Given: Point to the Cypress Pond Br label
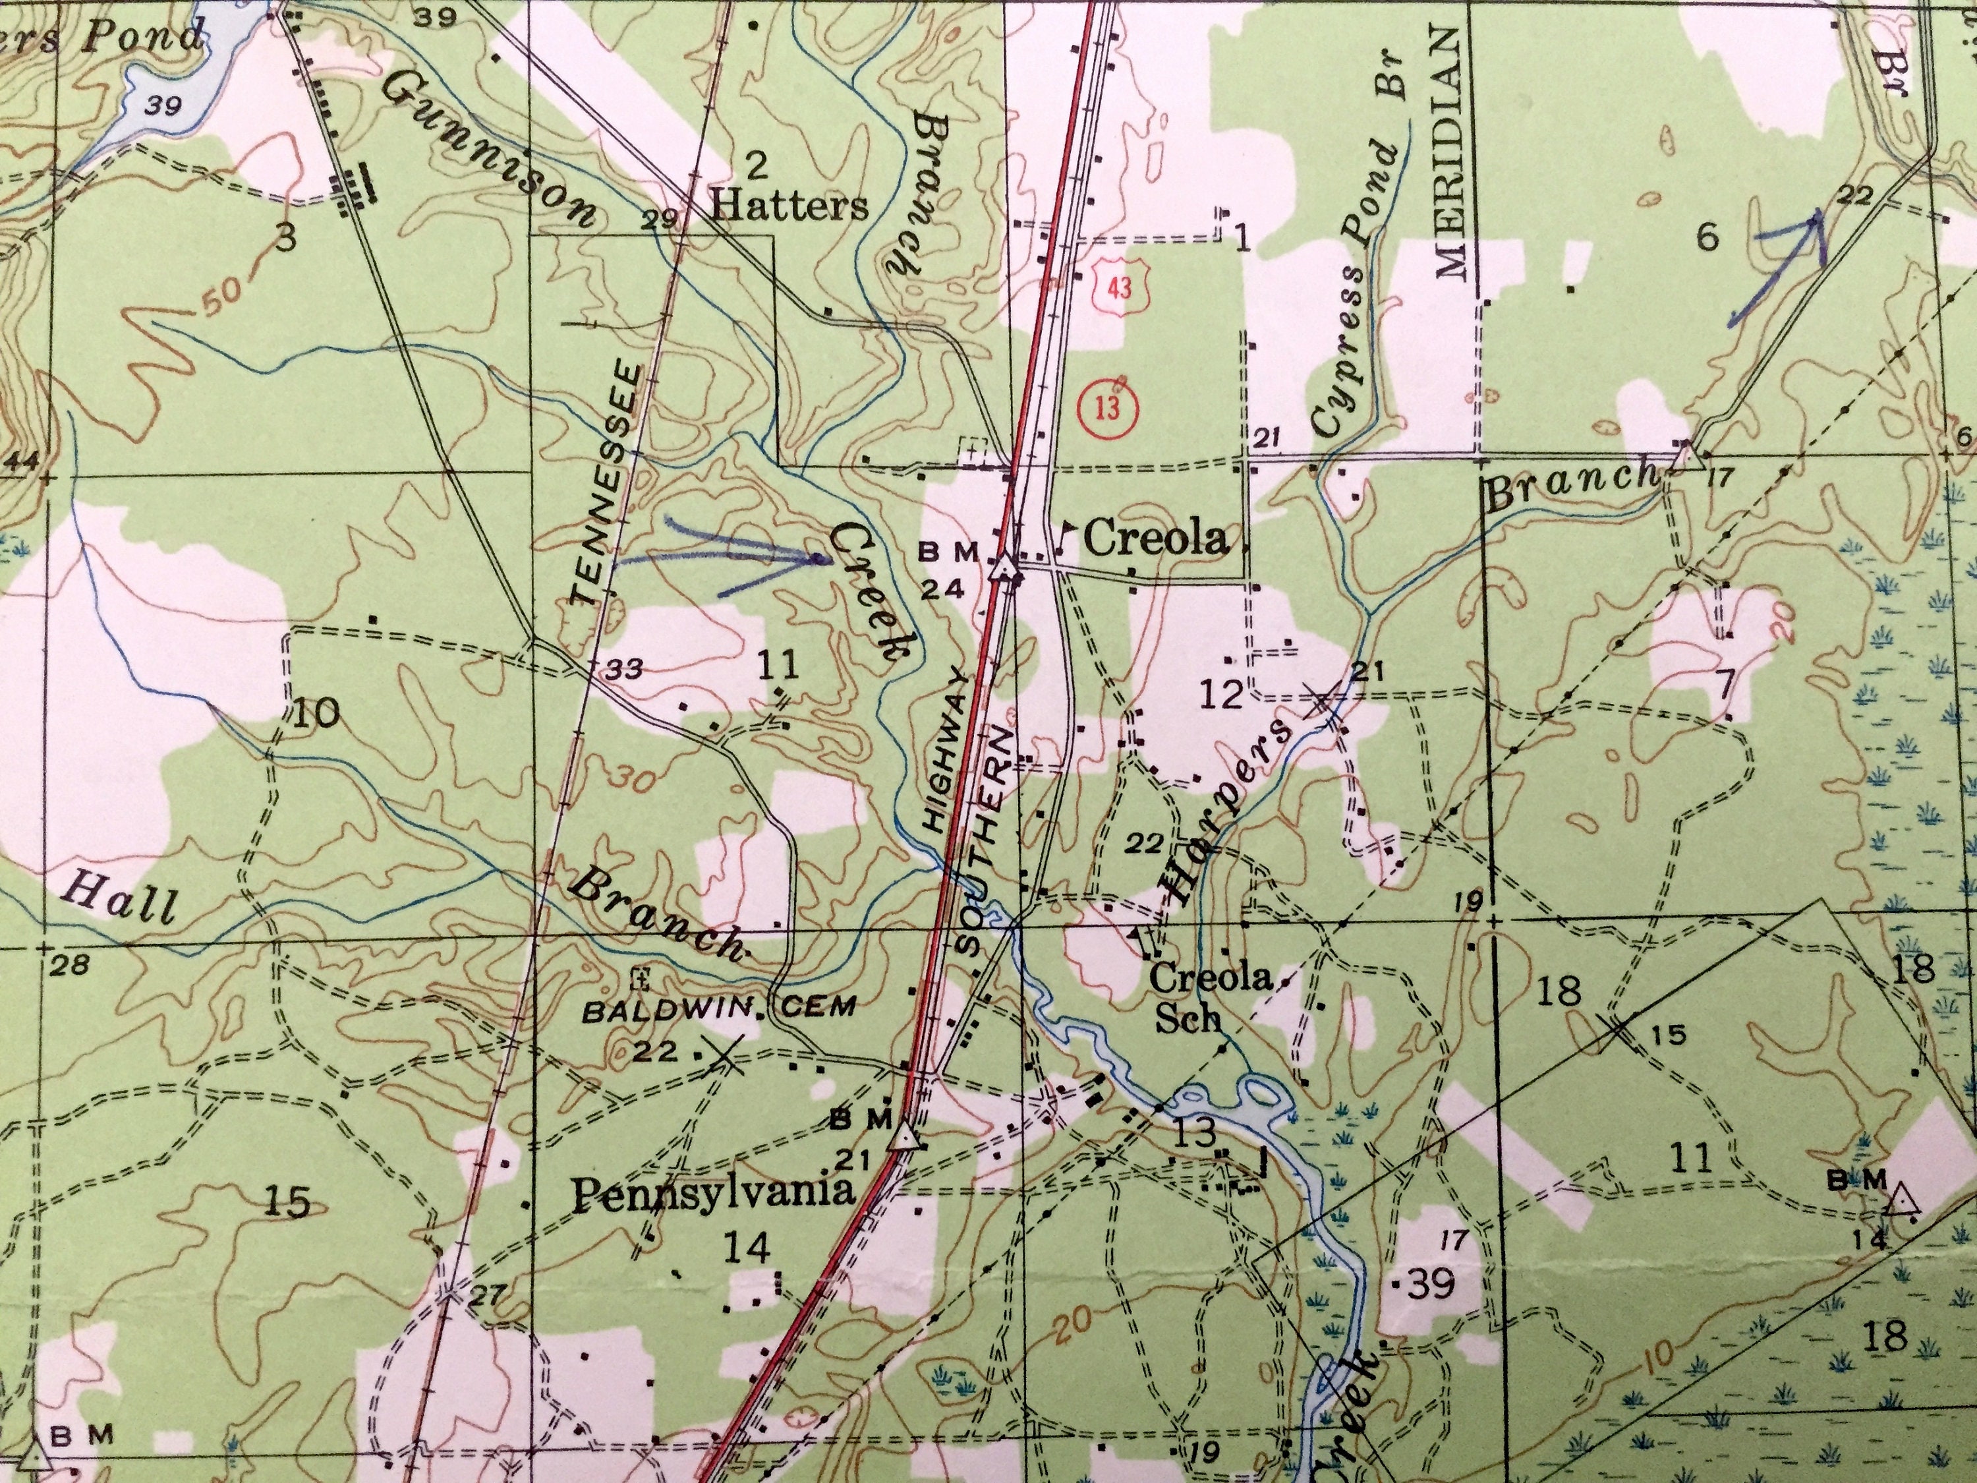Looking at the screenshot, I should click(x=1358, y=268).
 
